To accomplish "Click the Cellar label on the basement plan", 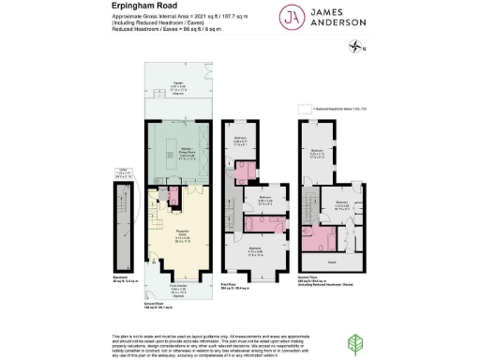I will click(x=121, y=172).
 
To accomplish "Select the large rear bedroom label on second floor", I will click(x=319, y=155).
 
